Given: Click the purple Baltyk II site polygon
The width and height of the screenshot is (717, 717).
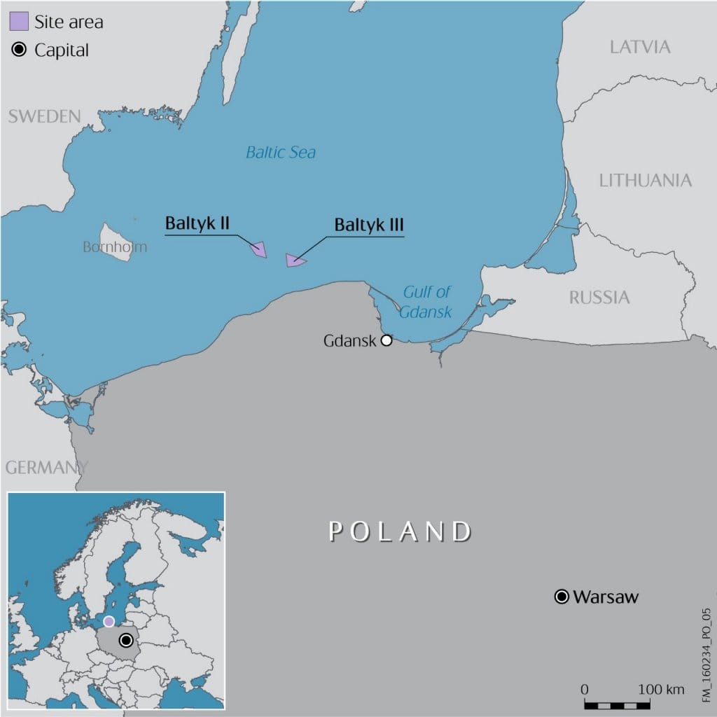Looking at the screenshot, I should tap(259, 249).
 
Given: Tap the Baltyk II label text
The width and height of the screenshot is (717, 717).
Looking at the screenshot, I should tap(197, 223).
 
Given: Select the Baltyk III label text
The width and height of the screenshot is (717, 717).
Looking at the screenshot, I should tap(369, 225).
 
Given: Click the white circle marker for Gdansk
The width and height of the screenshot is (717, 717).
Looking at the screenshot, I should tap(386, 341).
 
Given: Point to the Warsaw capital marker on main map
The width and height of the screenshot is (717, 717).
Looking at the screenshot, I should tap(561, 597).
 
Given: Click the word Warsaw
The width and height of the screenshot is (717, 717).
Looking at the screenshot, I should tap(606, 597).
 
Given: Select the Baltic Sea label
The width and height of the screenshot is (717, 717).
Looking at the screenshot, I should tap(281, 152).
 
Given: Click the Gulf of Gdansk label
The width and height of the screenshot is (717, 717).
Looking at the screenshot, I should tap(426, 302).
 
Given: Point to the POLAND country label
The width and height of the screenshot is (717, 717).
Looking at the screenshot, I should tap(401, 531).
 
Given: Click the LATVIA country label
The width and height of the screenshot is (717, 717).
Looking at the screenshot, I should tap(640, 47).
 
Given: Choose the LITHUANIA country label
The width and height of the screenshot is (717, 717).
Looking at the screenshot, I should tap(645, 181).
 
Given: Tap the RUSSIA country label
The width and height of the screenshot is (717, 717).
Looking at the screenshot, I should tap(599, 298).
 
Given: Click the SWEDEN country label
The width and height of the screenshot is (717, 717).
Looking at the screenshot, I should tap(44, 116).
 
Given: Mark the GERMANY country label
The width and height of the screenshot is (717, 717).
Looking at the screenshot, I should tap(46, 467).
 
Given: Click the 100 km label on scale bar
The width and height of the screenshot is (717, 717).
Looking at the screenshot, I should tap(661, 689).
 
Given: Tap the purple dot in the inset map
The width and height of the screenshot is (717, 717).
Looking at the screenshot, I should tap(109, 621).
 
